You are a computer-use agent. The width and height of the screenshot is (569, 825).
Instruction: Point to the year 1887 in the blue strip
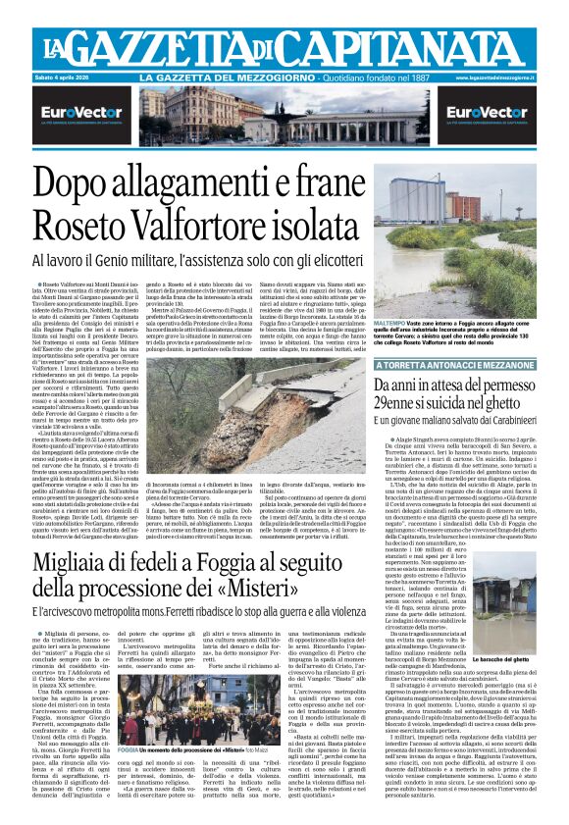pyautogui.click(x=416, y=77)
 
